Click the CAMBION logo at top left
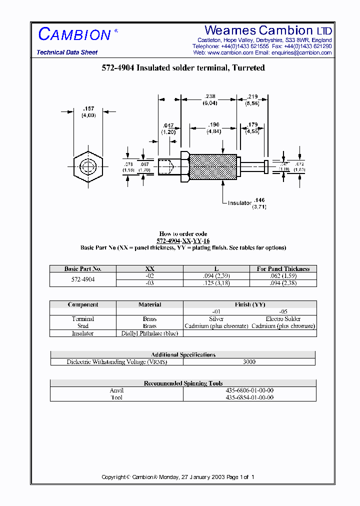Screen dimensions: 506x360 click(75, 34)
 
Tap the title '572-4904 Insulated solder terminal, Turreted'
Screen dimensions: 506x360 click(180, 68)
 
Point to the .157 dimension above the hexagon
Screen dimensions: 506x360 click(88, 108)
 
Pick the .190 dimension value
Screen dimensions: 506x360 click(213, 125)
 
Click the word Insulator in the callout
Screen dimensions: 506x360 click(239, 203)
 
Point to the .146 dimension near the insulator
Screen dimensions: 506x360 click(259, 199)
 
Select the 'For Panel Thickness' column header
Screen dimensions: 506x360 click(283, 269)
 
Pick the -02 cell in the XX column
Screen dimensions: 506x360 click(149, 276)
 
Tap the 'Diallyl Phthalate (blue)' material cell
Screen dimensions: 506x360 click(149, 333)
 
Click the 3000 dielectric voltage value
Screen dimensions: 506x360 click(249, 362)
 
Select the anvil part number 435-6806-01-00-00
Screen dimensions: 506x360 click(249, 390)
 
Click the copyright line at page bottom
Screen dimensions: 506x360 click(178, 477)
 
